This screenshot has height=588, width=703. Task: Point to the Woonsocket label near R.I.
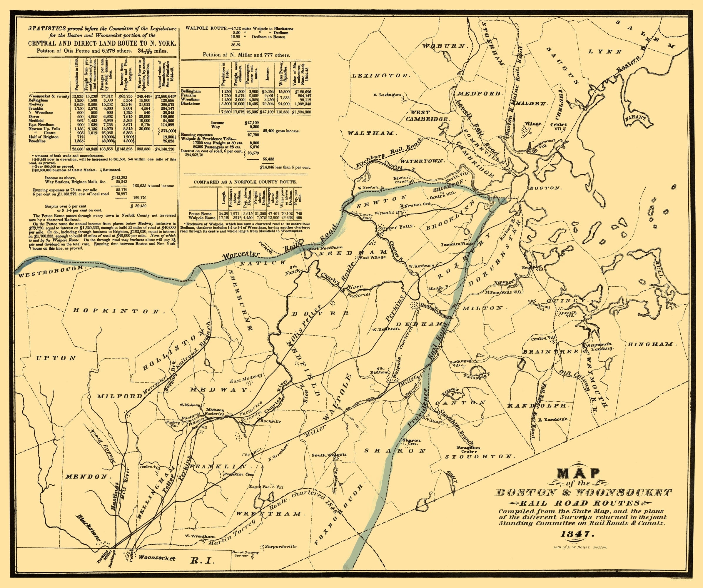[157, 558]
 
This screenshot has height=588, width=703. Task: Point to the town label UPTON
[56, 358]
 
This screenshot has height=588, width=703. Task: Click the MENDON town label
[86, 476]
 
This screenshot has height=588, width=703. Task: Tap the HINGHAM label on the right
[652, 344]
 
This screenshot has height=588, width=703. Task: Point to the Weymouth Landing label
[599, 346]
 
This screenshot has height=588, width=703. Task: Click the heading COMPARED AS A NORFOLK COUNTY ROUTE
[245, 182]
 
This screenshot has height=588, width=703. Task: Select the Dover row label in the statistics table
[34, 116]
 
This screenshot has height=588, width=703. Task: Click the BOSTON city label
[544, 188]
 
